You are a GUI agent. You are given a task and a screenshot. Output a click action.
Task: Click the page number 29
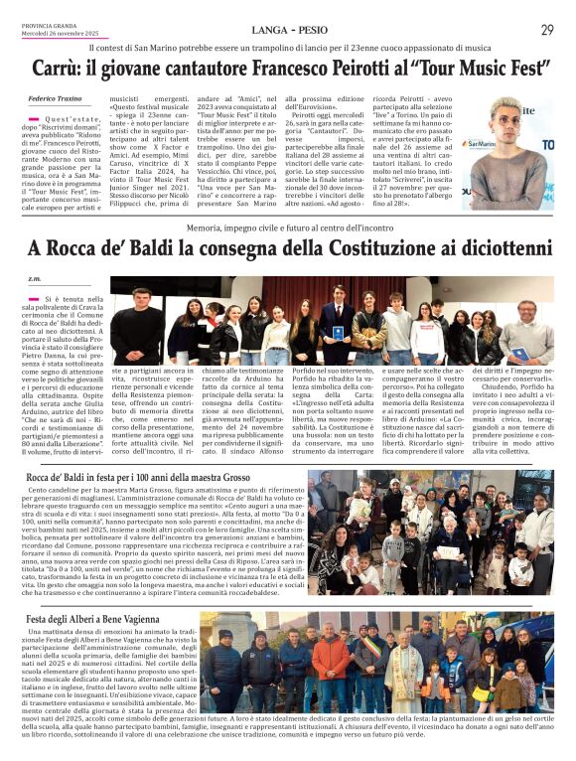click(x=546, y=31)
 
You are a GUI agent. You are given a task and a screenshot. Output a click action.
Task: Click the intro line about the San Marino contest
click(x=287, y=48)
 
